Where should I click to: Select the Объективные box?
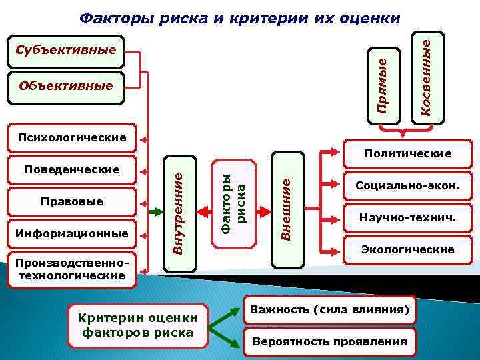point(67,87)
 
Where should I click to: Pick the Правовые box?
point(72,201)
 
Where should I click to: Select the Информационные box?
point(72,233)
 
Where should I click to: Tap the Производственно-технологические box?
point(72,269)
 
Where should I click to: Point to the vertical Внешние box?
point(287,209)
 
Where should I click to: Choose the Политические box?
point(407,154)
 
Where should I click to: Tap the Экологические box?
point(407,249)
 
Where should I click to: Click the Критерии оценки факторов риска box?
point(138,325)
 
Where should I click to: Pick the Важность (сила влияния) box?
point(329,309)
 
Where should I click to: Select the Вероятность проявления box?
point(329,342)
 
